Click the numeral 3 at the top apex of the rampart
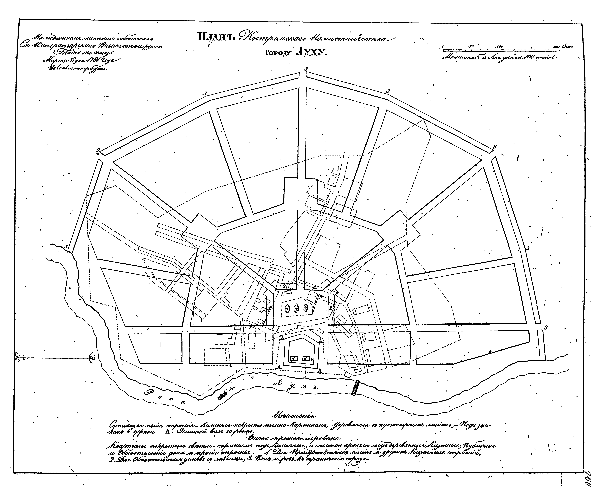coord(306,69)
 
